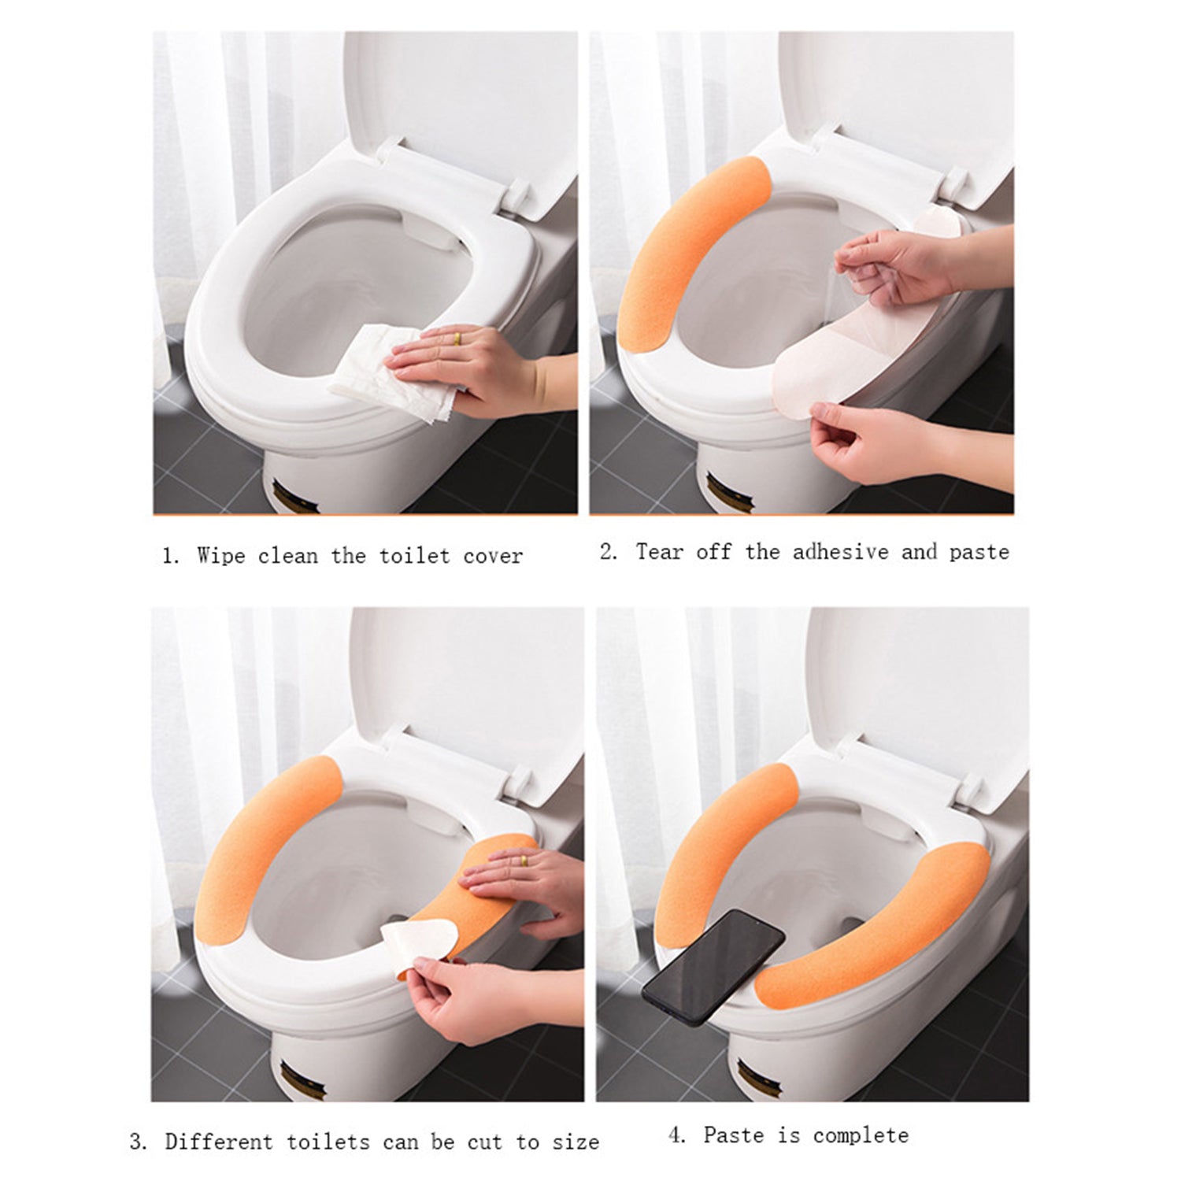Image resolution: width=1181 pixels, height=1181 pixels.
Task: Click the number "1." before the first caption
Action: tap(170, 556)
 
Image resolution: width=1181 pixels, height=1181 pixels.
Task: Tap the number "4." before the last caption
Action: tap(677, 1135)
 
